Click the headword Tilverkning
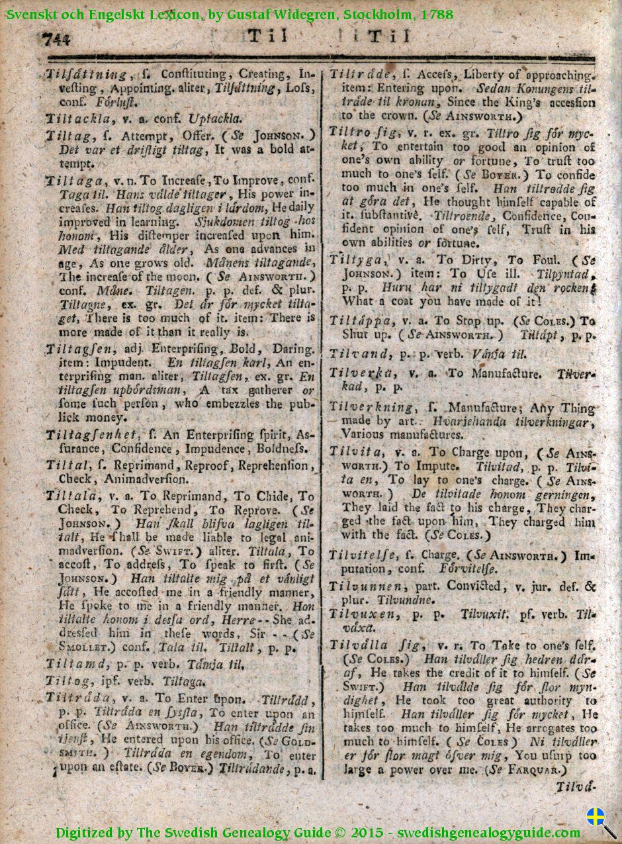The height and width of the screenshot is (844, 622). click(x=371, y=407)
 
